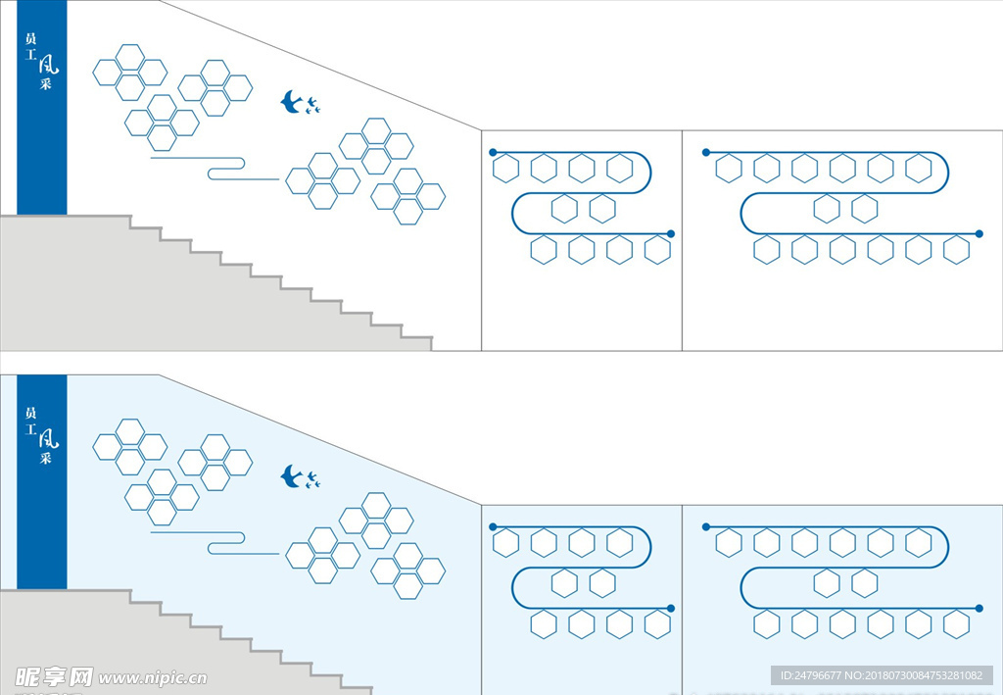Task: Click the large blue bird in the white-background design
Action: pyautogui.click(x=291, y=101)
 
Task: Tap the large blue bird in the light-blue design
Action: pyautogui.click(x=291, y=476)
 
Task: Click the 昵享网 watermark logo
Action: pyautogui.click(x=54, y=676)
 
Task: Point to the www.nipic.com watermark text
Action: pyautogui.click(x=153, y=677)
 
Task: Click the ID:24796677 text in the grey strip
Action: pyautogui.click(x=812, y=675)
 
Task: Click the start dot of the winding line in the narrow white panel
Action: pyautogui.click(x=493, y=152)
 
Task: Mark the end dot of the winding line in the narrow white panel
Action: pyautogui.click(x=671, y=233)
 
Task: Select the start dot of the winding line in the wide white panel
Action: pyautogui.click(x=706, y=152)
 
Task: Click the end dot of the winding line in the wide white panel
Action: pyautogui.click(x=979, y=233)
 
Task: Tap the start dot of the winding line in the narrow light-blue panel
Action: pyautogui.click(x=493, y=526)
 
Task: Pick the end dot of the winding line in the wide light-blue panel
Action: pyautogui.click(x=979, y=608)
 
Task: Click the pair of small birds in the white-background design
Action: pyautogui.click(x=312, y=105)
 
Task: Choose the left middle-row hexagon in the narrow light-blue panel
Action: pyautogui.click(x=564, y=583)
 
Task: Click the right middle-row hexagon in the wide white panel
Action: pyautogui.click(x=864, y=209)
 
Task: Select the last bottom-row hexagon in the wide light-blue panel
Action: pyautogui.click(x=956, y=624)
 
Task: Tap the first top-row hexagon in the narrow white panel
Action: pyautogui.click(x=505, y=169)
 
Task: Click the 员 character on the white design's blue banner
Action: pyautogui.click(x=30, y=39)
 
